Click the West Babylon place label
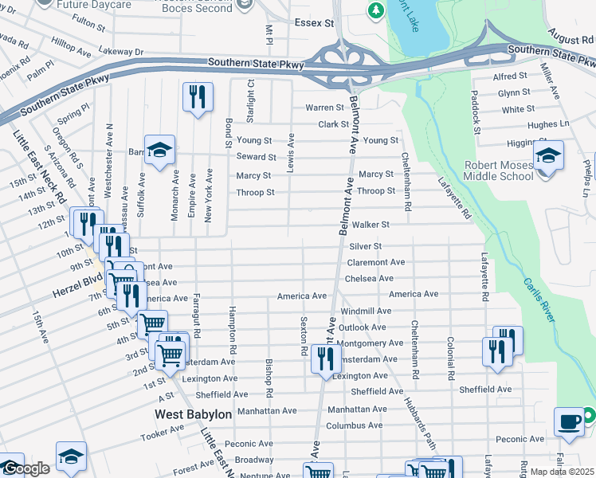click(193, 414)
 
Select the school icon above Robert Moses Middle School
click(548, 155)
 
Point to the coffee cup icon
click(569, 422)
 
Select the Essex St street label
click(313, 24)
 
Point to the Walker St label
click(371, 225)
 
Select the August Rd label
click(570, 39)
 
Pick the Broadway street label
click(254, 460)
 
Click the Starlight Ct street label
click(250, 100)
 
